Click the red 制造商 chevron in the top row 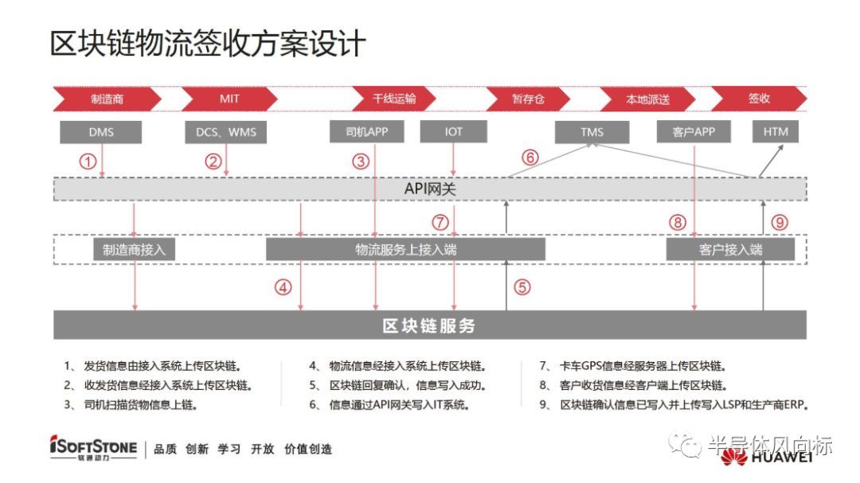coord(107,99)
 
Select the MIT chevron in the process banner coord(229,99)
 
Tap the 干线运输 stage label coord(394,99)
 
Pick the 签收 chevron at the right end coord(759,99)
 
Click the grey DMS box coord(101,132)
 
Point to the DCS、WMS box coord(226,132)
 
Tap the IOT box coord(454,132)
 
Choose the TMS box coord(592,132)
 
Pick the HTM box coord(776,132)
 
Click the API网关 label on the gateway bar coord(430,189)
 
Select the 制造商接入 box coord(134,250)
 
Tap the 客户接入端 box coord(730,250)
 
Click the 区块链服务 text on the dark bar coord(429,325)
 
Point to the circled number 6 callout coord(530,158)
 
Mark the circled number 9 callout coord(780,223)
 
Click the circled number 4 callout coord(283,288)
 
